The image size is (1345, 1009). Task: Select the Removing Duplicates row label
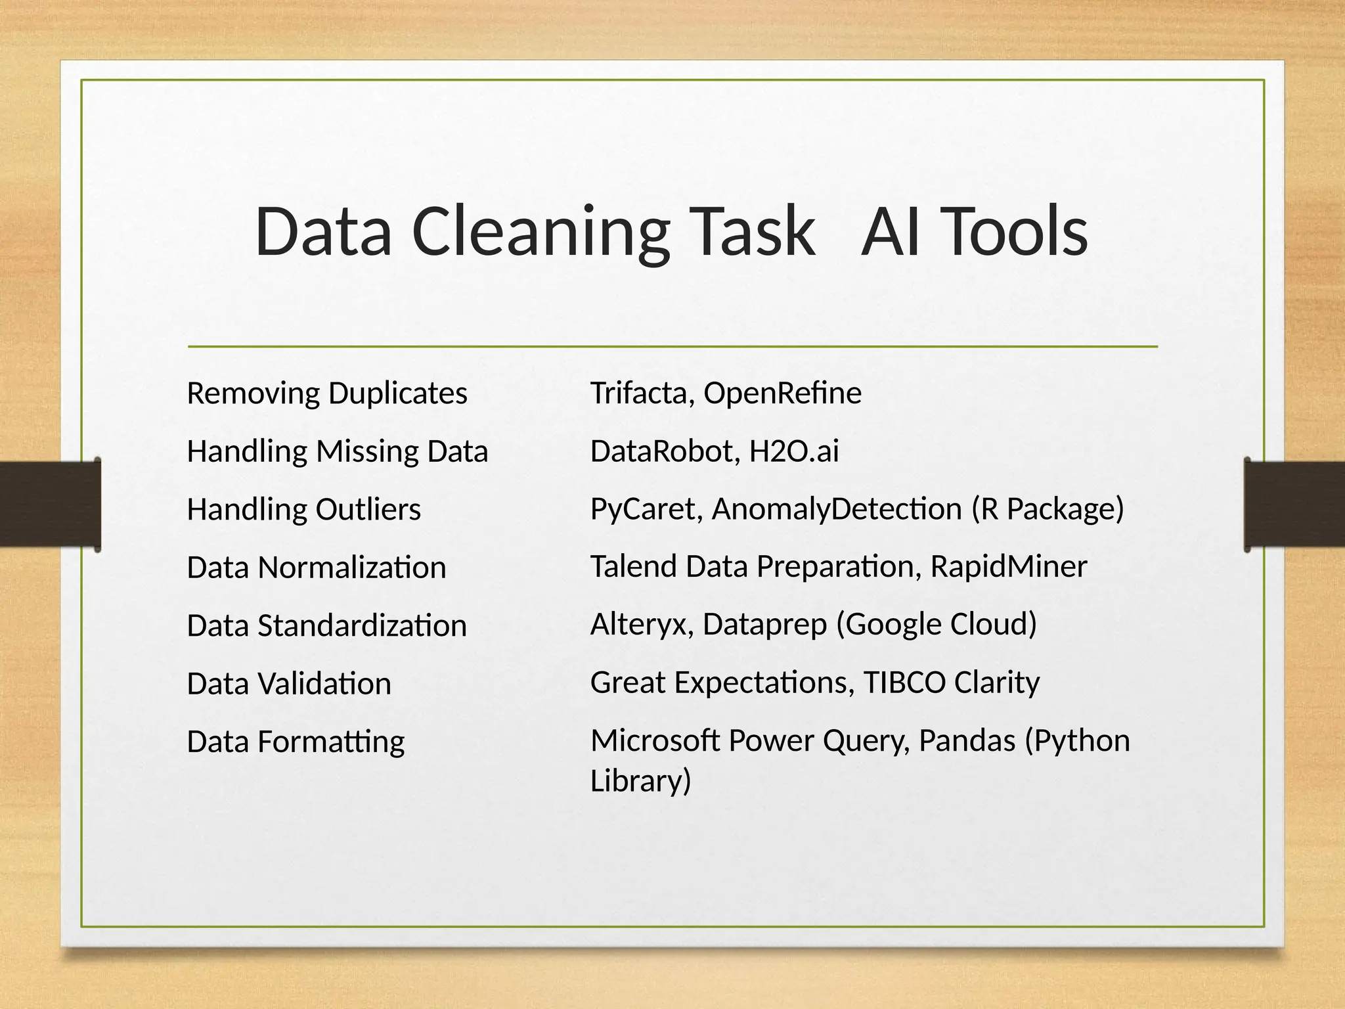point(327,393)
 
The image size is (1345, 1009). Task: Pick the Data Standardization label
point(327,625)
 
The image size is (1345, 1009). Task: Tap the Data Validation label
point(289,684)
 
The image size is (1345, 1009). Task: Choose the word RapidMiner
point(1009,567)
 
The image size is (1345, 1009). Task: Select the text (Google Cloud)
point(937,625)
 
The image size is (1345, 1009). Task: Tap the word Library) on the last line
point(641,781)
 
